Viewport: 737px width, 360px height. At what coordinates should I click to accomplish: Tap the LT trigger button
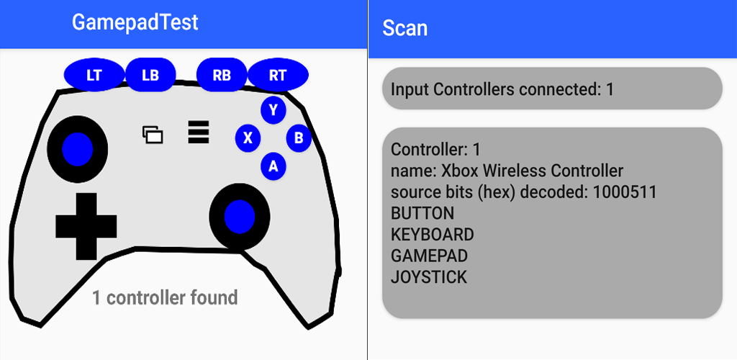[x=94, y=75]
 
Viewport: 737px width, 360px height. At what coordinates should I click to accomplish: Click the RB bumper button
[x=222, y=75]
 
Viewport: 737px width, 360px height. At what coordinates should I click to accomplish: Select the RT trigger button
[x=277, y=75]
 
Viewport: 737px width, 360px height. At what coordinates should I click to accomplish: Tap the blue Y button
[x=273, y=110]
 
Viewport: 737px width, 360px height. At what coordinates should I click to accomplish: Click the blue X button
[x=248, y=138]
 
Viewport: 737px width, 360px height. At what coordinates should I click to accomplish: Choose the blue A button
[x=273, y=166]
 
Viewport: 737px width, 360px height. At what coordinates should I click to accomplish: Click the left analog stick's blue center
[x=77, y=148]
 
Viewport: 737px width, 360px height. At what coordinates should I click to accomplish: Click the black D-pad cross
[x=86, y=226]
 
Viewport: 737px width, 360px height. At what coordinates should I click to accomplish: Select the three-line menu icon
[x=198, y=132]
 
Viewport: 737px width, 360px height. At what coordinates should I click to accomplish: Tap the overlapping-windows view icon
[x=153, y=134]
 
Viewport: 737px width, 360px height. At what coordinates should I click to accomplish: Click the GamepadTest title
[x=135, y=22]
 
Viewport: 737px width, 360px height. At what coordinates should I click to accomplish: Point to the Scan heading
[x=404, y=28]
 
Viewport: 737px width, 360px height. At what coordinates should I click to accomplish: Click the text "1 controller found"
[x=165, y=297]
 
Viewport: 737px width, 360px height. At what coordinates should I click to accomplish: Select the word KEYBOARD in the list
[x=432, y=235]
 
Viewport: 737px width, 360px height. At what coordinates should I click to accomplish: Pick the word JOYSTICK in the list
[x=429, y=276]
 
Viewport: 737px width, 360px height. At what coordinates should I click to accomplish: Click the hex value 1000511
[x=625, y=192]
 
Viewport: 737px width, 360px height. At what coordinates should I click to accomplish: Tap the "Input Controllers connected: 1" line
[x=502, y=89]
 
